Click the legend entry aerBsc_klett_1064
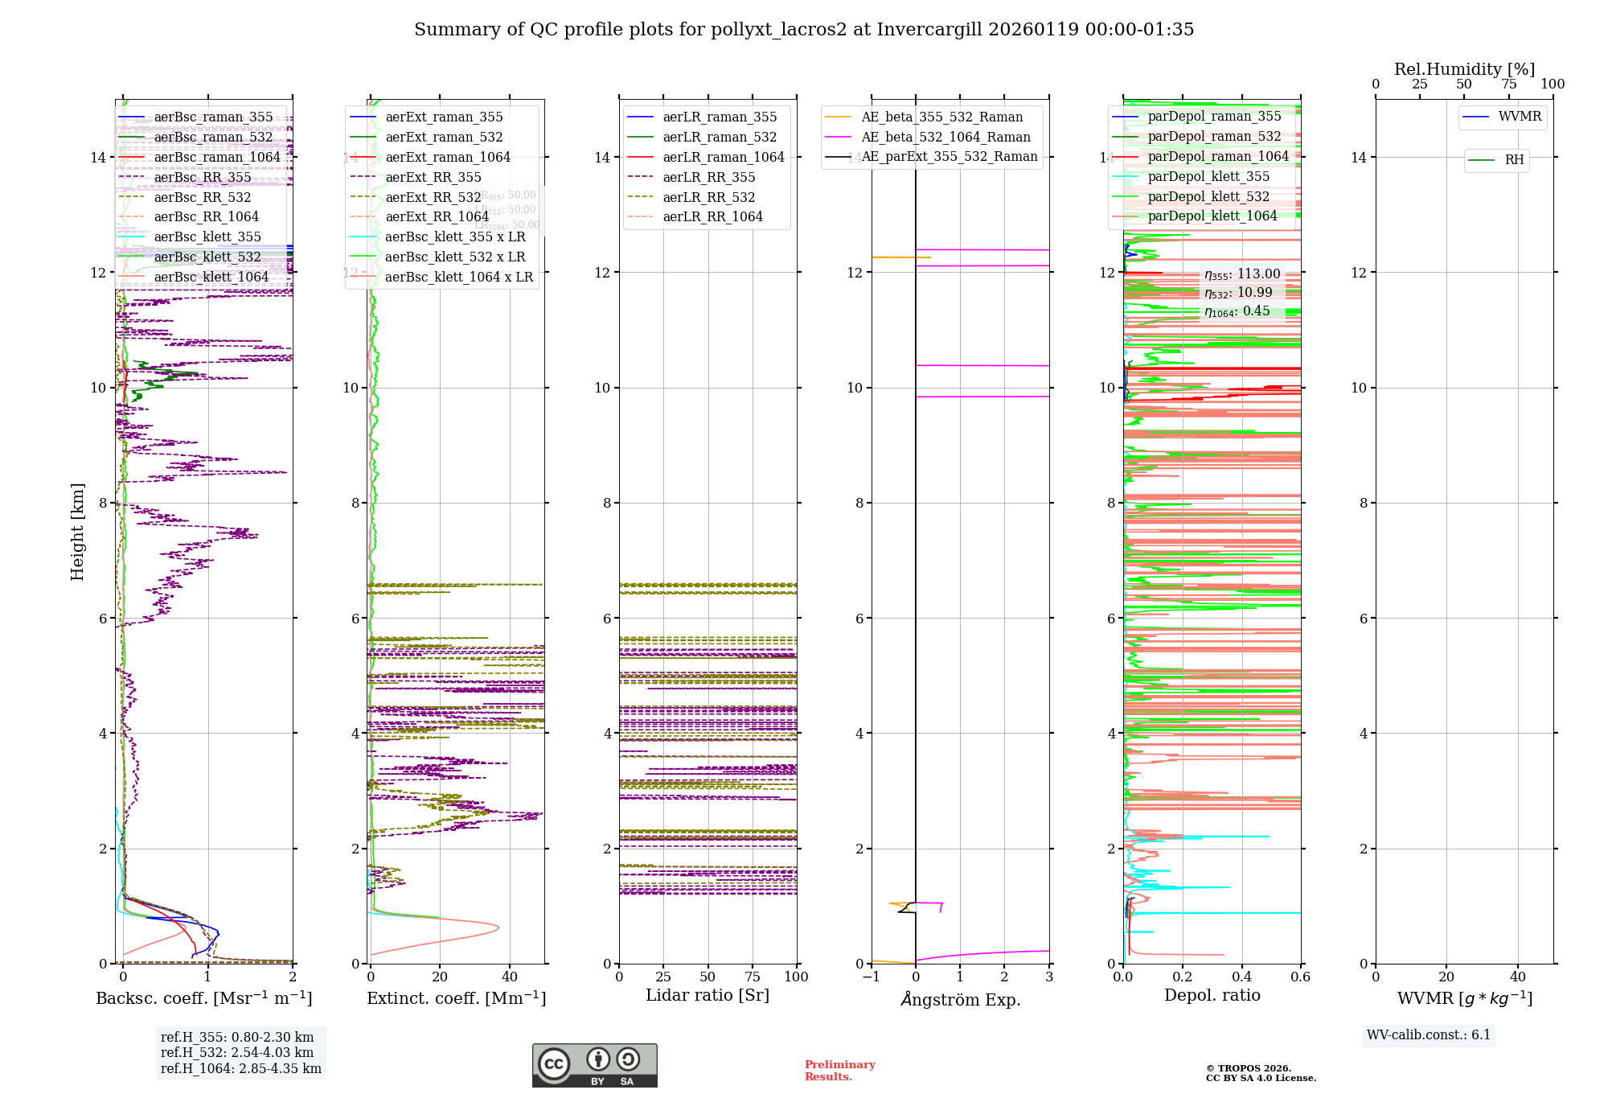pyautogui.click(x=211, y=277)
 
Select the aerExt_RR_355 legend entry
pyautogui.click(x=433, y=177)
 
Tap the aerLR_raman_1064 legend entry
pyautogui.click(x=724, y=157)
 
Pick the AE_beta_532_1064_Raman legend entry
pyautogui.click(x=946, y=137)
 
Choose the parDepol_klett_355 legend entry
pyautogui.click(x=1208, y=176)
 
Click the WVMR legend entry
pyautogui.click(x=1520, y=117)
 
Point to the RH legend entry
pyautogui.click(x=1514, y=160)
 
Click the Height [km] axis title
pyautogui.click(x=77, y=532)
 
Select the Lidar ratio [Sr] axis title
pyautogui.click(x=708, y=995)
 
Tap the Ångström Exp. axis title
pyautogui.click(x=961, y=999)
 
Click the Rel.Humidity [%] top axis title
pyautogui.click(x=1464, y=69)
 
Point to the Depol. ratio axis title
pyautogui.click(x=1212, y=995)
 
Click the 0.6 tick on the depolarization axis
pyautogui.click(x=1300, y=977)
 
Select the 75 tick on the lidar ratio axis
pyautogui.click(x=753, y=977)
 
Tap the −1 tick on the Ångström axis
pyautogui.click(x=871, y=977)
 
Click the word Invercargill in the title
pyautogui.click(x=929, y=30)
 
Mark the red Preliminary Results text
pyautogui.click(x=839, y=1071)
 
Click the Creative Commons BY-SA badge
pyautogui.click(x=594, y=1066)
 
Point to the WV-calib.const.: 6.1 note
pyautogui.click(x=1428, y=1035)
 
